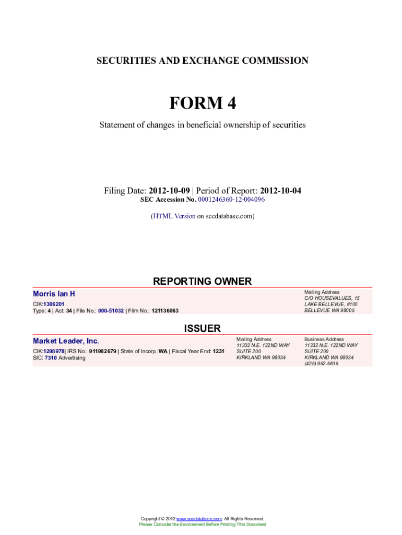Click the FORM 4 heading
pos(202,103)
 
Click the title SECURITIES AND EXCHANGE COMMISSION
pos(202,61)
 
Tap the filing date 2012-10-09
pos(169,191)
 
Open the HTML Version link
pos(174,216)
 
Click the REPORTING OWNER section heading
pos(202,281)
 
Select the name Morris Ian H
pos(54,295)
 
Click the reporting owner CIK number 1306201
pos(54,304)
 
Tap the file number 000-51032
pos(107,310)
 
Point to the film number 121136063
pos(165,310)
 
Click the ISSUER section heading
pos(202,328)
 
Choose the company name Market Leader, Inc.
pos(66,341)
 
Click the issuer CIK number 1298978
pos(54,351)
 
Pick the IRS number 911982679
pos(103,351)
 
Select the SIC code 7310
pos(51,358)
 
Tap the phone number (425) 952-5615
pos(321,364)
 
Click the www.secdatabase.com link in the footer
pos(199,519)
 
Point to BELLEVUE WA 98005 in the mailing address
pos(329,310)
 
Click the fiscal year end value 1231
pos(218,351)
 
